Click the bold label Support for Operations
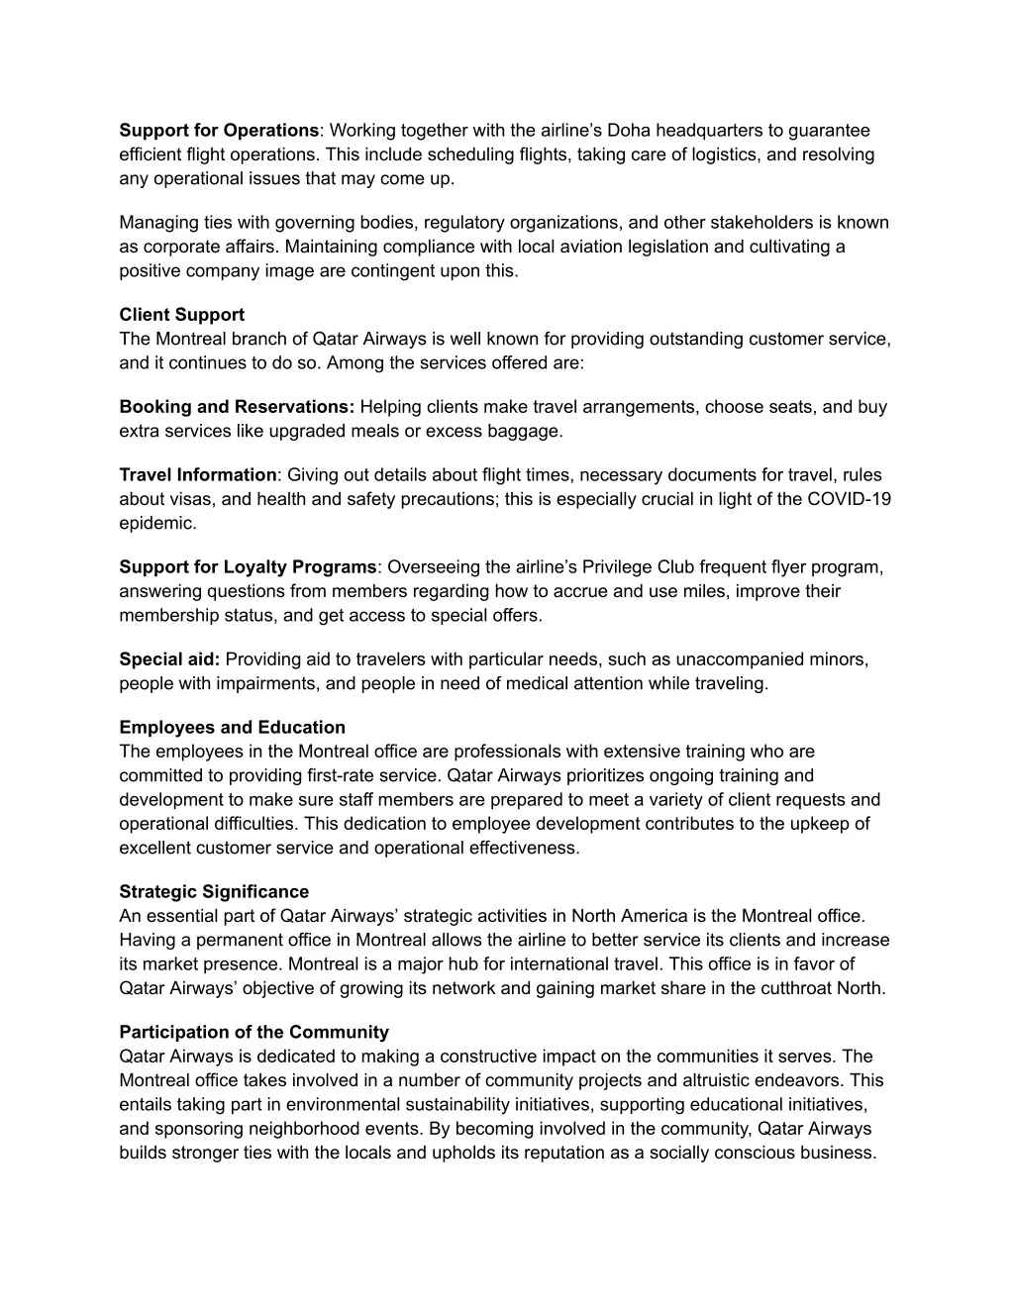pos(219,131)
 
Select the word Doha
pos(629,131)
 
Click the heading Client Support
pos(182,315)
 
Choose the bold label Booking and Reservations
pos(238,407)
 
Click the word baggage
pos(525,431)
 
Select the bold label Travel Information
pos(199,475)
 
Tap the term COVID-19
pos(850,499)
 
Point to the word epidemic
pos(158,523)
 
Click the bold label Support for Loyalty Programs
pos(249,567)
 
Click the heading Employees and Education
pos(233,728)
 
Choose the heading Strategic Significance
pos(214,892)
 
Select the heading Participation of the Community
pos(254,1033)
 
